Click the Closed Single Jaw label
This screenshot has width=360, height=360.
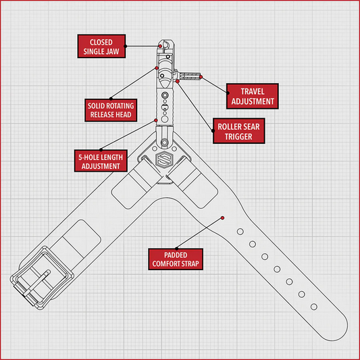click(x=101, y=46)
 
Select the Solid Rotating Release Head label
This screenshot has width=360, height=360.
click(x=111, y=110)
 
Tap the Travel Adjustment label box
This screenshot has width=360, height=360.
click(x=253, y=96)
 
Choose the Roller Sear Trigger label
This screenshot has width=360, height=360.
click(x=239, y=131)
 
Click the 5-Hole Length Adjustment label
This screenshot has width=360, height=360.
click(x=101, y=161)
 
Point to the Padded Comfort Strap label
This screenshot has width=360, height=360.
click(x=176, y=259)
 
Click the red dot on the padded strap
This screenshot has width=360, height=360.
click(x=222, y=217)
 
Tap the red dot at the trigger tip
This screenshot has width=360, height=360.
click(x=201, y=77)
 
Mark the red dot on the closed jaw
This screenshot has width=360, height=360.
click(x=160, y=46)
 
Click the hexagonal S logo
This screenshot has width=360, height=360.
click(x=164, y=159)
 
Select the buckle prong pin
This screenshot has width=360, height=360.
click(x=36, y=283)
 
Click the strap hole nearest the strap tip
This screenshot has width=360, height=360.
click(x=314, y=307)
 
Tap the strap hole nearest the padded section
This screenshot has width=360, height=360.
click(x=240, y=232)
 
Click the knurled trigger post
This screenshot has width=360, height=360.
click(x=190, y=76)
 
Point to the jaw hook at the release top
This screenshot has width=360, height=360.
click(x=165, y=45)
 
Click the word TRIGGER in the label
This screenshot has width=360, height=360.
click(x=238, y=136)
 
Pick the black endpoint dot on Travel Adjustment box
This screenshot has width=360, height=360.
click(x=228, y=93)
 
